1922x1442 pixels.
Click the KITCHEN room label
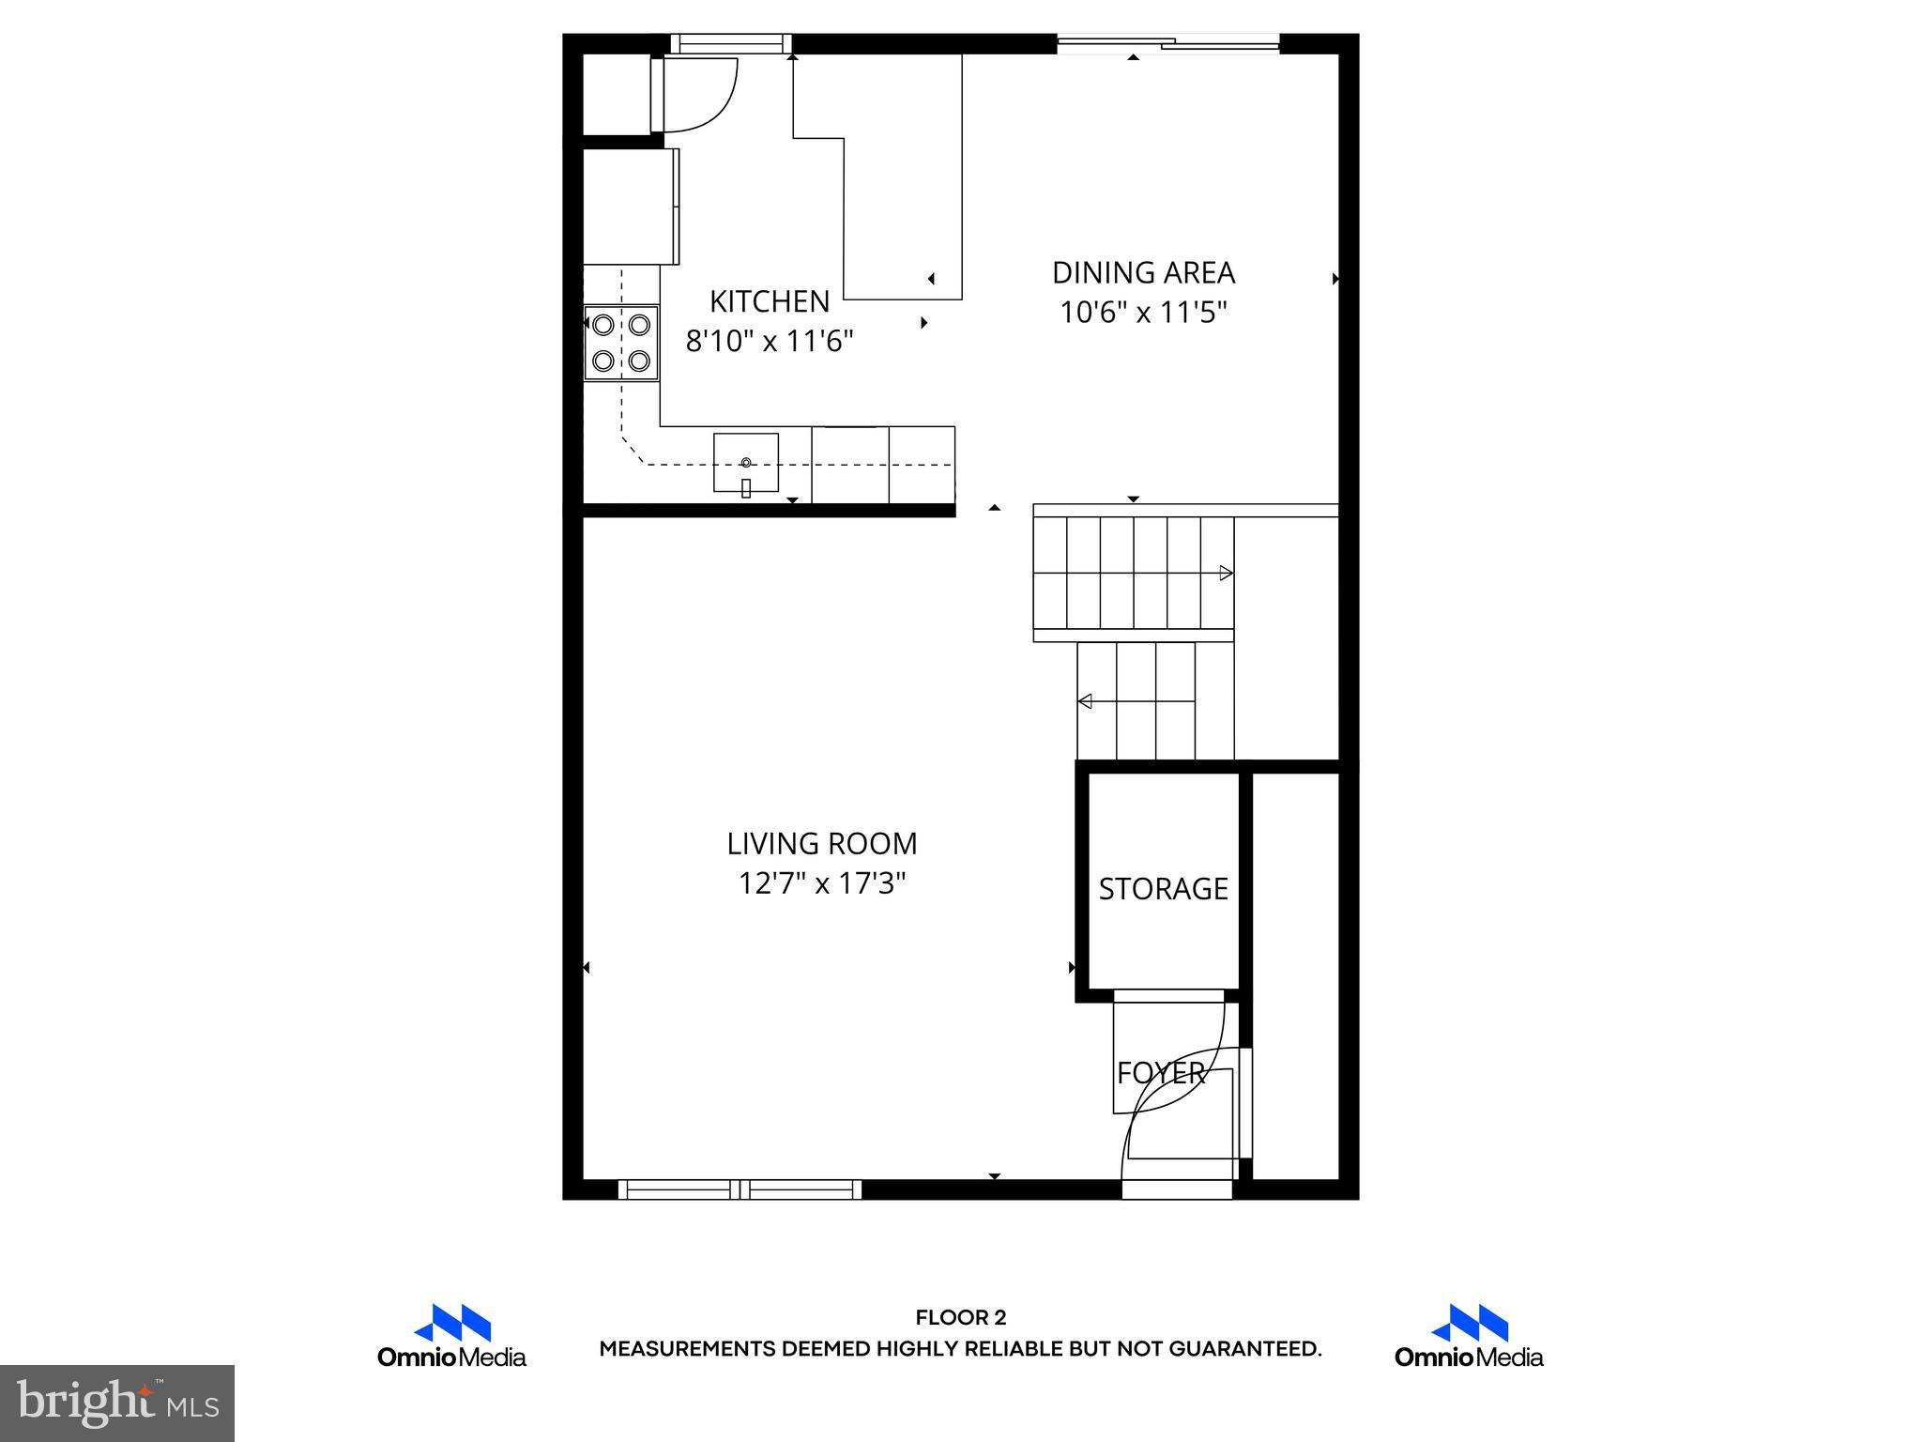click(x=769, y=301)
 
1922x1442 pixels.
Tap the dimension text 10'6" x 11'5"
click(x=1143, y=312)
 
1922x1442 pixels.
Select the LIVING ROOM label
click(x=821, y=844)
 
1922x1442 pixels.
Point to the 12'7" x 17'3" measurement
click(x=821, y=883)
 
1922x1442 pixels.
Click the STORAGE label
click(x=1163, y=888)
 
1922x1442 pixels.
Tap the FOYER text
click(x=1160, y=1072)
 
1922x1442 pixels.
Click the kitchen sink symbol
click(x=746, y=463)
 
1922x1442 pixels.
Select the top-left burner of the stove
click(x=603, y=325)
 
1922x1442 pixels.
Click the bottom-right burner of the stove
click(x=640, y=360)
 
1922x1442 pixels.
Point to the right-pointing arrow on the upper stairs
click(x=1225, y=573)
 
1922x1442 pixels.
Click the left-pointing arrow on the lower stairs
click(x=1086, y=700)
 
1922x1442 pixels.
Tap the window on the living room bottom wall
click(x=740, y=1189)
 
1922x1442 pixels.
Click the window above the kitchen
click(x=731, y=43)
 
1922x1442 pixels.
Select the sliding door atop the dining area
click(x=1168, y=42)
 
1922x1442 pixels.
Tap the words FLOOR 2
click(x=960, y=1318)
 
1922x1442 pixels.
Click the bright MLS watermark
click(x=116, y=1403)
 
